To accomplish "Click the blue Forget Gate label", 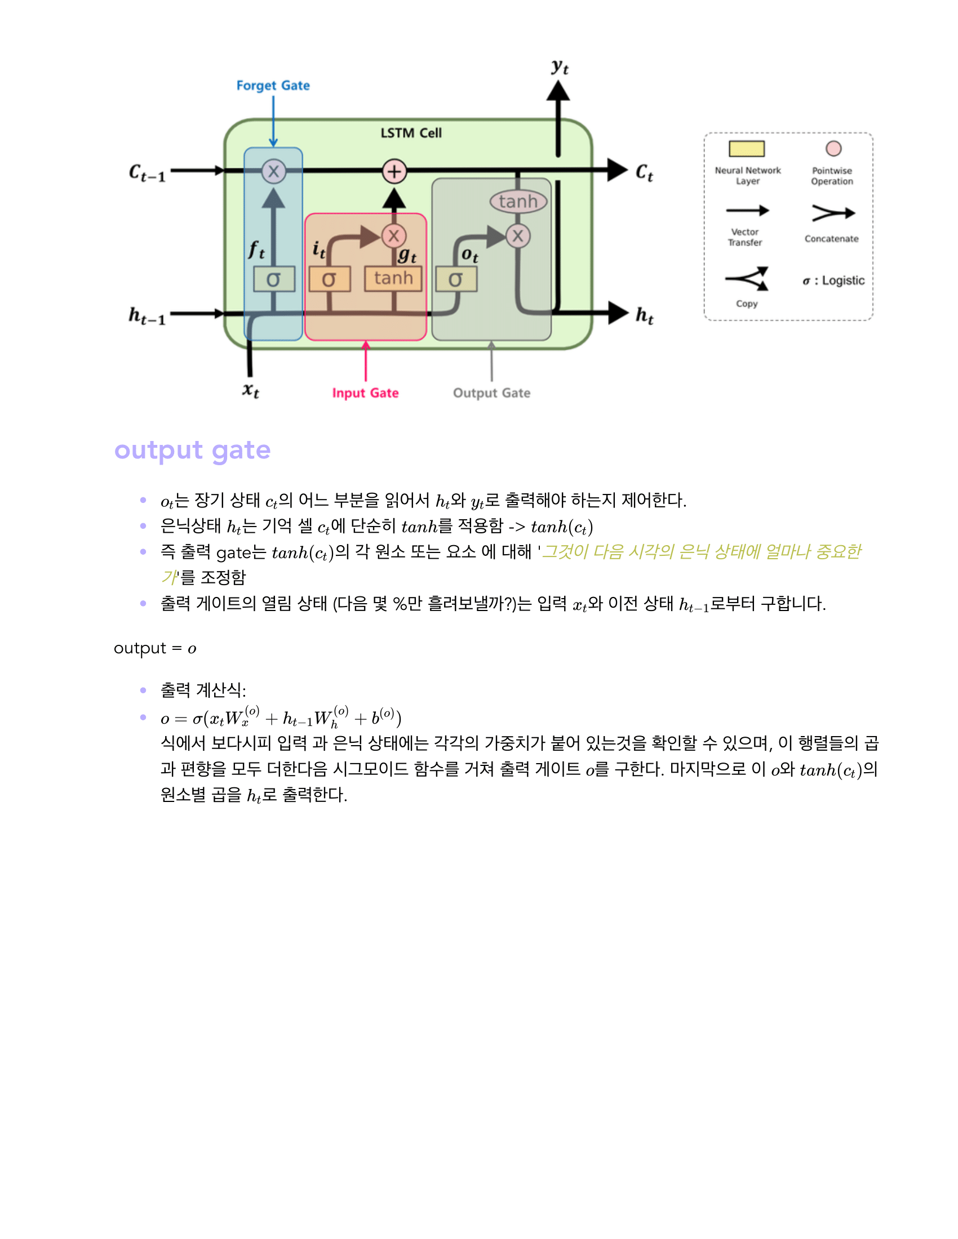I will click(273, 86).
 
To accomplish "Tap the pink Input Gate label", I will click(365, 393).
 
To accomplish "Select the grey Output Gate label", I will click(491, 393).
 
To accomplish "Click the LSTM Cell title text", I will click(411, 133).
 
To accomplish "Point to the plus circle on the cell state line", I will click(394, 171).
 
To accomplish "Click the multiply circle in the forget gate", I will click(273, 171).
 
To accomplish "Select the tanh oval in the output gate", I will click(517, 202).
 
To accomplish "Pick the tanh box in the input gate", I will click(393, 279).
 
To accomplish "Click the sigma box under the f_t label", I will click(274, 279).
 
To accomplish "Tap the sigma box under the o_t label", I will click(456, 279).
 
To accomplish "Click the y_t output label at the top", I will click(560, 67).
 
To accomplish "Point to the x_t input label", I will click(251, 390).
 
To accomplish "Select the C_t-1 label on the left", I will click(147, 172).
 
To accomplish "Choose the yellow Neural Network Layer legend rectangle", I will click(746, 149).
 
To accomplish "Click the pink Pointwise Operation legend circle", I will click(833, 149).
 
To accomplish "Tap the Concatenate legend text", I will click(831, 239).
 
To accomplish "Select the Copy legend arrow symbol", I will click(747, 279).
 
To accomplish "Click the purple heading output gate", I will click(192, 451).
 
